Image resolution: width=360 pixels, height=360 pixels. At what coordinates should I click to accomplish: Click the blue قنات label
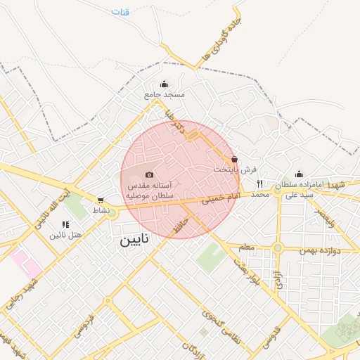click(120, 12)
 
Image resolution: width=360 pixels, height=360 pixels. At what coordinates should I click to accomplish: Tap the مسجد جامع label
click(165, 94)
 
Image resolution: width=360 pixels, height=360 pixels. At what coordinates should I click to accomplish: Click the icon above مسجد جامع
click(165, 84)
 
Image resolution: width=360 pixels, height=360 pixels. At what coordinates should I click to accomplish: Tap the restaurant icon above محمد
click(260, 184)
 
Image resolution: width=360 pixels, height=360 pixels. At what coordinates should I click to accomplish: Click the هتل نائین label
click(66, 234)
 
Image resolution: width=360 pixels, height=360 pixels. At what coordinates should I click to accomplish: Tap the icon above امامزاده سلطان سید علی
click(299, 174)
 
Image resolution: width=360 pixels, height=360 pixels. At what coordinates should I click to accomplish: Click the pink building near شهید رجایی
click(26, 262)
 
